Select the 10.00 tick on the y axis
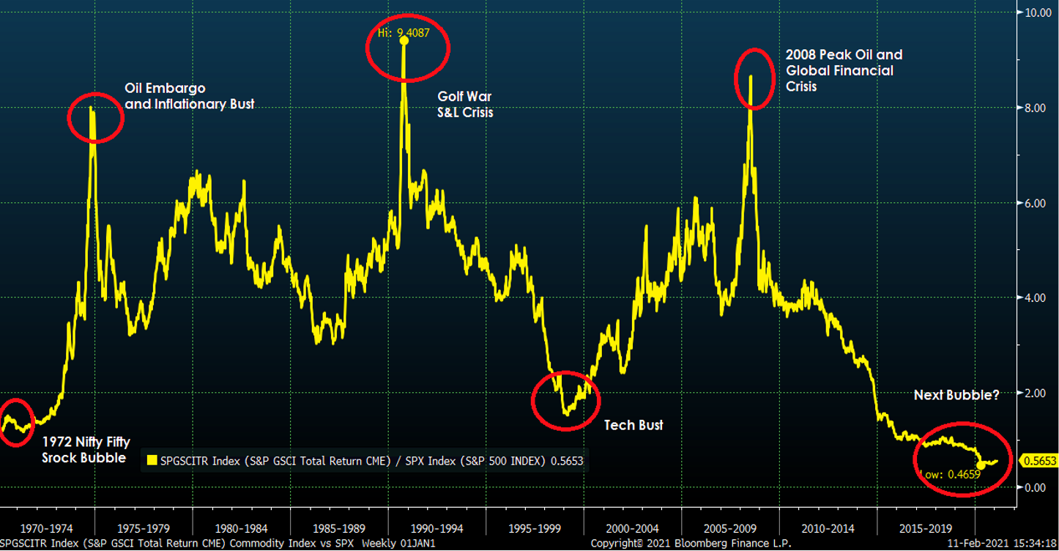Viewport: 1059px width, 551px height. point(1036,13)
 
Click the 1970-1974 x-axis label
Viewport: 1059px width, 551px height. point(47,528)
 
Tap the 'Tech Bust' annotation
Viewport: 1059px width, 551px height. point(633,425)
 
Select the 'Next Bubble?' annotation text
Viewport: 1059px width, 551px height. point(956,395)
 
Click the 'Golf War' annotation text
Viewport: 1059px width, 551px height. point(464,96)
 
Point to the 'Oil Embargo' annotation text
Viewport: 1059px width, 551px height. point(165,89)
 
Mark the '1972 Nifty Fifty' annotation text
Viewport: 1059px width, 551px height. point(86,442)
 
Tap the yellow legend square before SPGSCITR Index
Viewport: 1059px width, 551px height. point(152,461)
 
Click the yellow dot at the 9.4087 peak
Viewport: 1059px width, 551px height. point(404,40)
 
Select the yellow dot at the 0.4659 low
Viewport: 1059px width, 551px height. point(981,465)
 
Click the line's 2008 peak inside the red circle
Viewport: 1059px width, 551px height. point(751,76)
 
